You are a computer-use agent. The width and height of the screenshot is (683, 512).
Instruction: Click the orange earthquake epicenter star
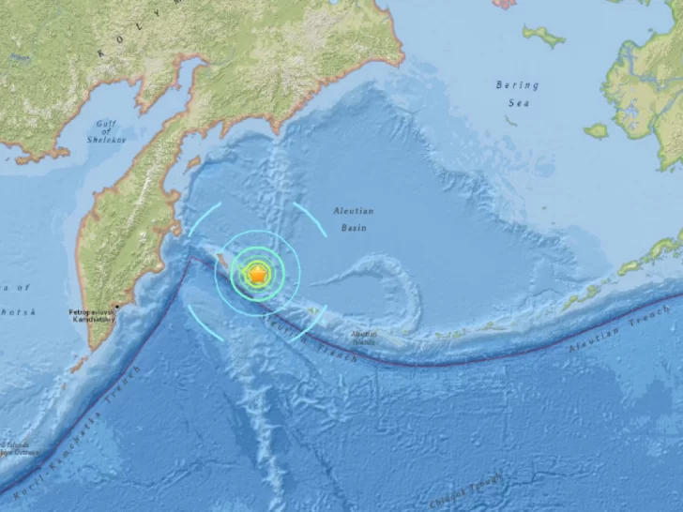(x=256, y=274)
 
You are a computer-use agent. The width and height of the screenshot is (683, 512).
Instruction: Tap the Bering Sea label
(x=517, y=92)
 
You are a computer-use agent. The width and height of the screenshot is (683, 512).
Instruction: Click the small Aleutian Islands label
(x=363, y=339)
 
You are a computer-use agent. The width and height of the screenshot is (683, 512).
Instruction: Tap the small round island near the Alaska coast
(x=596, y=130)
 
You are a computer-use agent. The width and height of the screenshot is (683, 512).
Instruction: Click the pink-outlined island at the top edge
(x=506, y=4)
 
